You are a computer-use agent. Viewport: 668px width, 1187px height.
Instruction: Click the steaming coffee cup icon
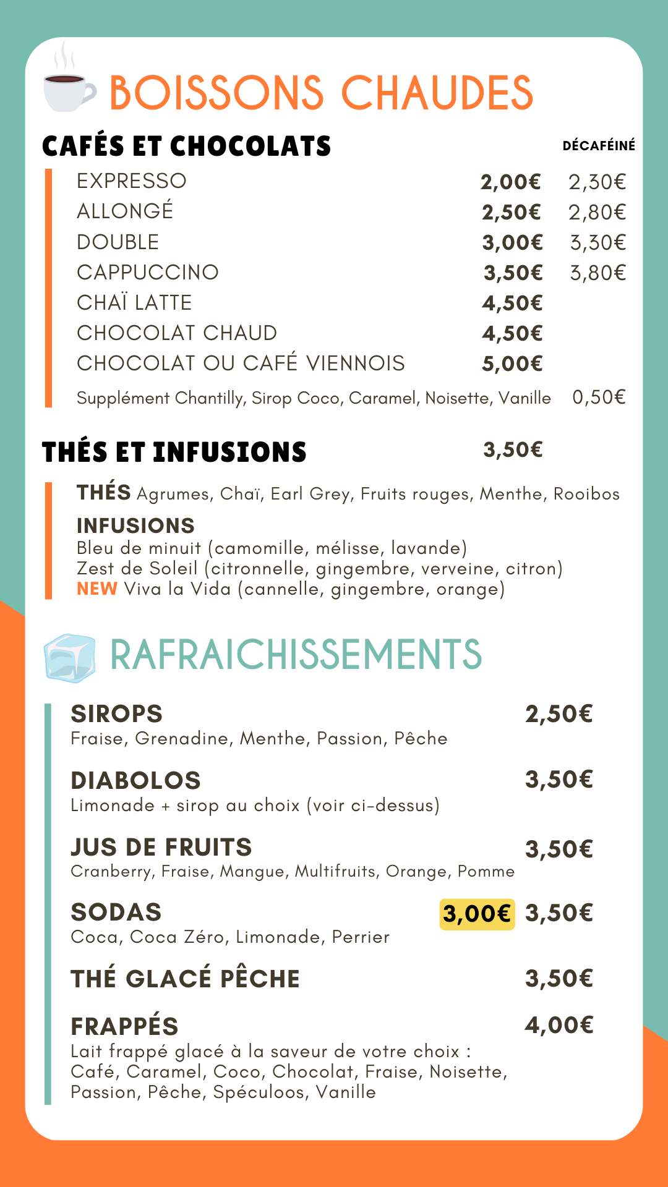coord(69,87)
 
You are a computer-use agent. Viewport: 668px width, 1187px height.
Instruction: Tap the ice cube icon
coord(69,658)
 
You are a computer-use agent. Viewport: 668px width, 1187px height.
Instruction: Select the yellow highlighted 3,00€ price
coord(477,914)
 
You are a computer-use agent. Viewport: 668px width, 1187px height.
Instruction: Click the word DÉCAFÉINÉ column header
coord(598,146)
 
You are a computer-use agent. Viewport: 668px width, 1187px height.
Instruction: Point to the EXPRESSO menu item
coord(132,181)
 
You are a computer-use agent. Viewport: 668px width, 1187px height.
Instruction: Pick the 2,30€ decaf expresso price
coord(597,182)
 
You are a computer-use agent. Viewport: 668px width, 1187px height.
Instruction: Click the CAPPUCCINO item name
coord(148,273)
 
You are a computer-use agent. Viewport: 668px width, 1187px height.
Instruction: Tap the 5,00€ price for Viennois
coord(512,364)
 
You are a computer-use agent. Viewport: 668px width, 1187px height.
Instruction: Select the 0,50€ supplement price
coord(598,397)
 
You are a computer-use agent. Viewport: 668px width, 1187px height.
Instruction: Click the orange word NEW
coord(96,589)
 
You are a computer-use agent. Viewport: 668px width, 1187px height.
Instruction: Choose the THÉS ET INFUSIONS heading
coord(174,453)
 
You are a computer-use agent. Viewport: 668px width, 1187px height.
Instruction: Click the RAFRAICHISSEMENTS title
coord(296,655)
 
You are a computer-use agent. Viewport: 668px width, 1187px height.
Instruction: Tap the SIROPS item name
coord(117,714)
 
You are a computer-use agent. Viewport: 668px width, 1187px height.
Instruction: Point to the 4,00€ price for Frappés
coord(559,1026)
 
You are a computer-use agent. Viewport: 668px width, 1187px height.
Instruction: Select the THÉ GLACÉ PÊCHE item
coord(186,979)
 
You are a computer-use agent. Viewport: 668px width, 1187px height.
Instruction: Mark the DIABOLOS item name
coord(136,781)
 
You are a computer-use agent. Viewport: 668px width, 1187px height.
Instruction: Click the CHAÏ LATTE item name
coord(134,303)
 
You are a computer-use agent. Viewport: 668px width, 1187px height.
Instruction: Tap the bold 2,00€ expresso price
coord(511,182)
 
